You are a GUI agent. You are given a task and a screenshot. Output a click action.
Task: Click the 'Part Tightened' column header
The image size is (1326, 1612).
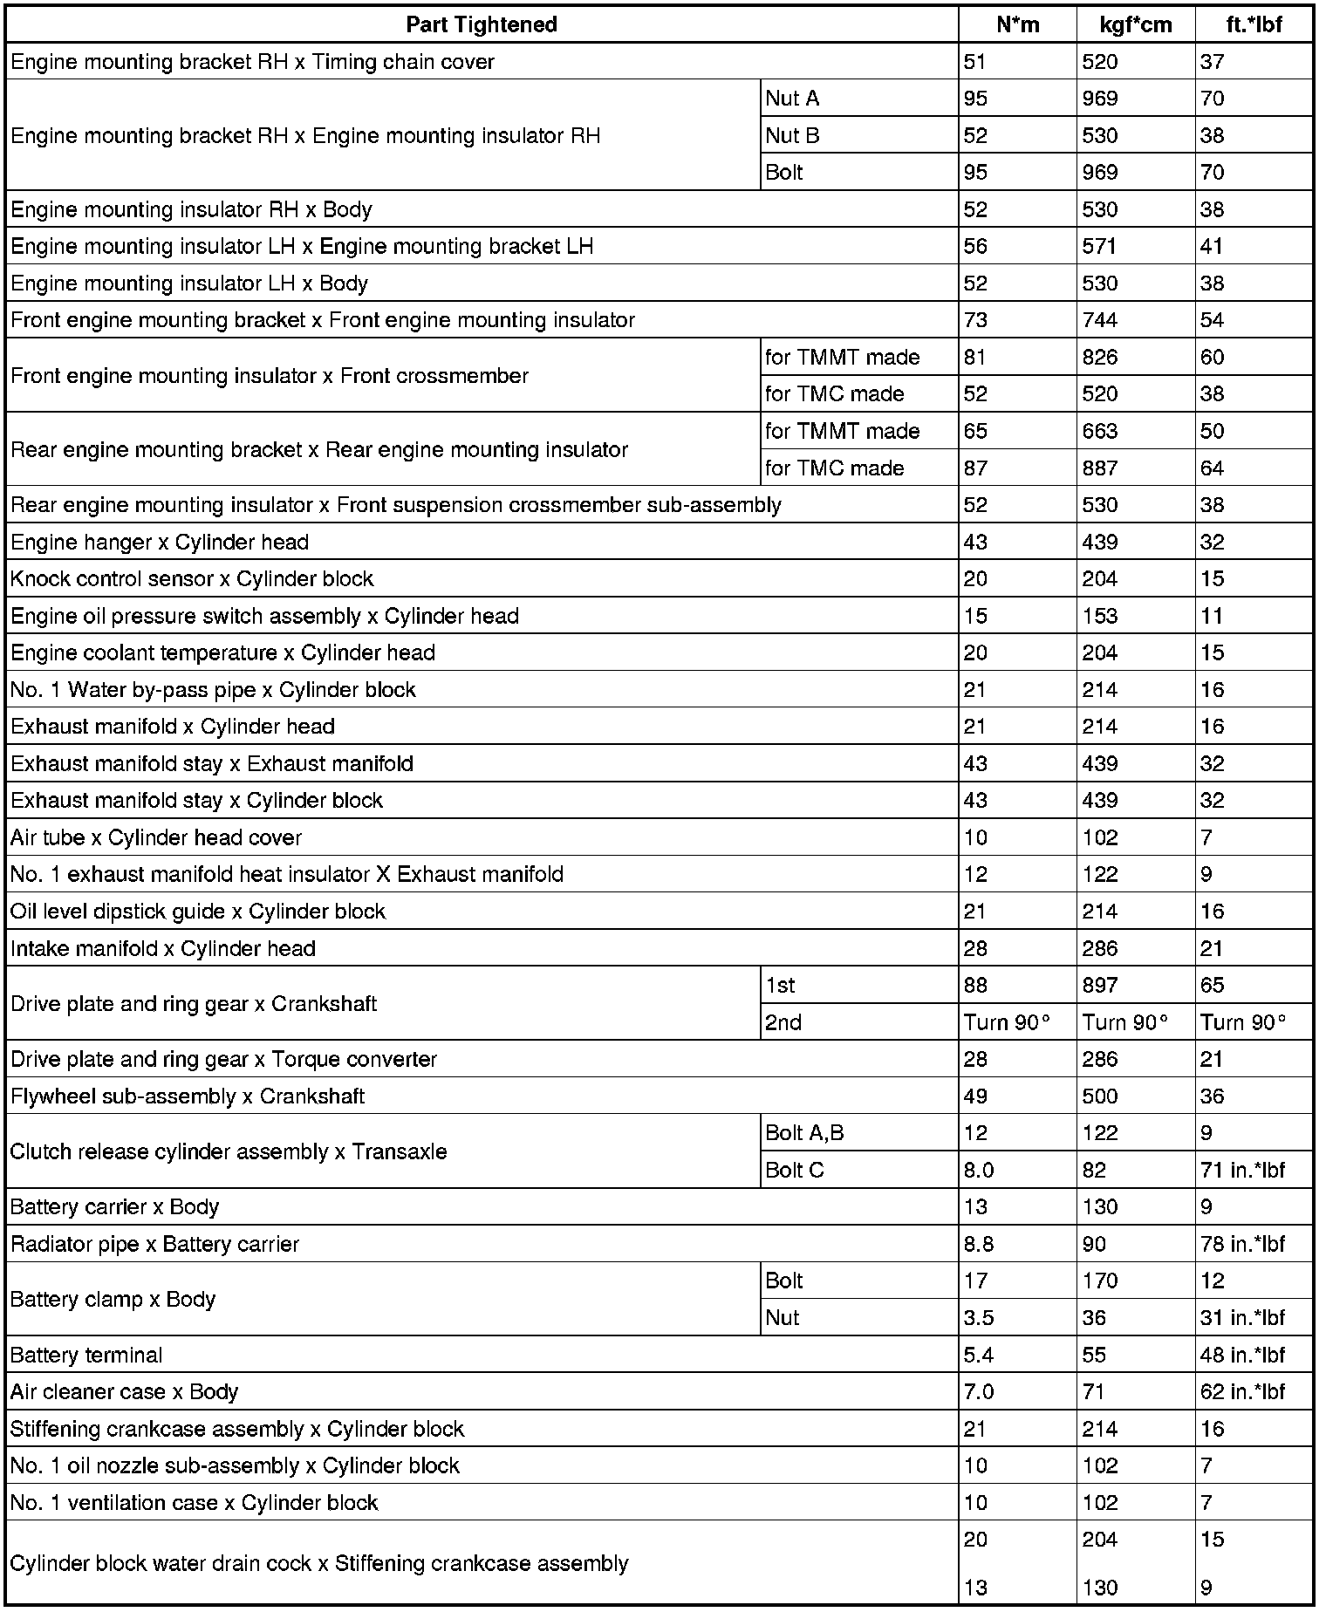(482, 24)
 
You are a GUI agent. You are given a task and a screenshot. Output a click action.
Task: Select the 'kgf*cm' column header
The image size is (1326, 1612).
(1136, 24)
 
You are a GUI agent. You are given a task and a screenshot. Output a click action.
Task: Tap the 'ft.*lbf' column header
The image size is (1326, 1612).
(1254, 24)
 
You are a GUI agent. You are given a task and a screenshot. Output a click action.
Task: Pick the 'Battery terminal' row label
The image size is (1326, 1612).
(86, 1356)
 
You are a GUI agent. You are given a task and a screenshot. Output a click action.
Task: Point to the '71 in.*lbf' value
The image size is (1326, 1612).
(1242, 1171)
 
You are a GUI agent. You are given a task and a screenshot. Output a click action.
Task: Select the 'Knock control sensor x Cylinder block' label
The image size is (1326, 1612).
(192, 579)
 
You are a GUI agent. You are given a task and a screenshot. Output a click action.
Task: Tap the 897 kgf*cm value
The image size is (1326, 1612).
(1100, 986)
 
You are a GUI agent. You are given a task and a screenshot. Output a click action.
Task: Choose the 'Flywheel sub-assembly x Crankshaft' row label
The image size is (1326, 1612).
(188, 1096)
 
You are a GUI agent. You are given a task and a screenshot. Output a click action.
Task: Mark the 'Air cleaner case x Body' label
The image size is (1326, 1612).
(124, 1392)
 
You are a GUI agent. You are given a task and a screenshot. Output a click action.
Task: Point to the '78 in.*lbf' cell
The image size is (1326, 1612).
(1242, 1245)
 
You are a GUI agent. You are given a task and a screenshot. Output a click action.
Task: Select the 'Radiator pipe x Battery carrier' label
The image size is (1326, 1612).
(154, 1245)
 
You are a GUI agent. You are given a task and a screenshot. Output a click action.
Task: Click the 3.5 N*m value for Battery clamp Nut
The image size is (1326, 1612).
(979, 1318)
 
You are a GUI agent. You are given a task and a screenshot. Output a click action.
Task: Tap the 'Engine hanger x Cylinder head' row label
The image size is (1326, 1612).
(160, 543)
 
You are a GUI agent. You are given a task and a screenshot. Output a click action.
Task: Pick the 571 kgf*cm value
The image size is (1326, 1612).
(1098, 247)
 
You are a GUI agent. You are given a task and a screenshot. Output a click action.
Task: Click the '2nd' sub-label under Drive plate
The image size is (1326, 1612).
(783, 1022)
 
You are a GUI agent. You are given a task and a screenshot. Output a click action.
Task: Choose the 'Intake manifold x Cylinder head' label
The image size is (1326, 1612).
(163, 949)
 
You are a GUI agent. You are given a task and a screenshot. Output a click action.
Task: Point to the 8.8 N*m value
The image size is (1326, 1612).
(979, 1245)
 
